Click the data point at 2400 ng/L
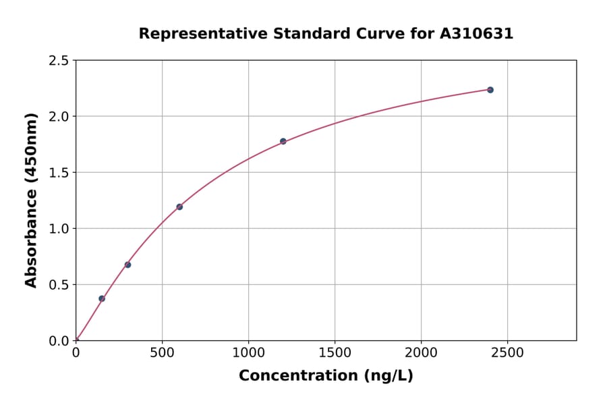pyautogui.click(x=490, y=90)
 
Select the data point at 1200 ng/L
pyautogui.click(x=283, y=141)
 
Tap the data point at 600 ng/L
pyautogui.click(x=179, y=207)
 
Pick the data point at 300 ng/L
pyautogui.click(x=127, y=265)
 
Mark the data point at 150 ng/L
pyautogui.click(x=102, y=298)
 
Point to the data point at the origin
pyautogui.click(x=76, y=340)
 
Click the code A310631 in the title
pyautogui.click(x=476, y=34)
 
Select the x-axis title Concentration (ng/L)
pyautogui.click(x=326, y=376)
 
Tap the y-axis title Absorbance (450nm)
pyautogui.click(x=31, y=200)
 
